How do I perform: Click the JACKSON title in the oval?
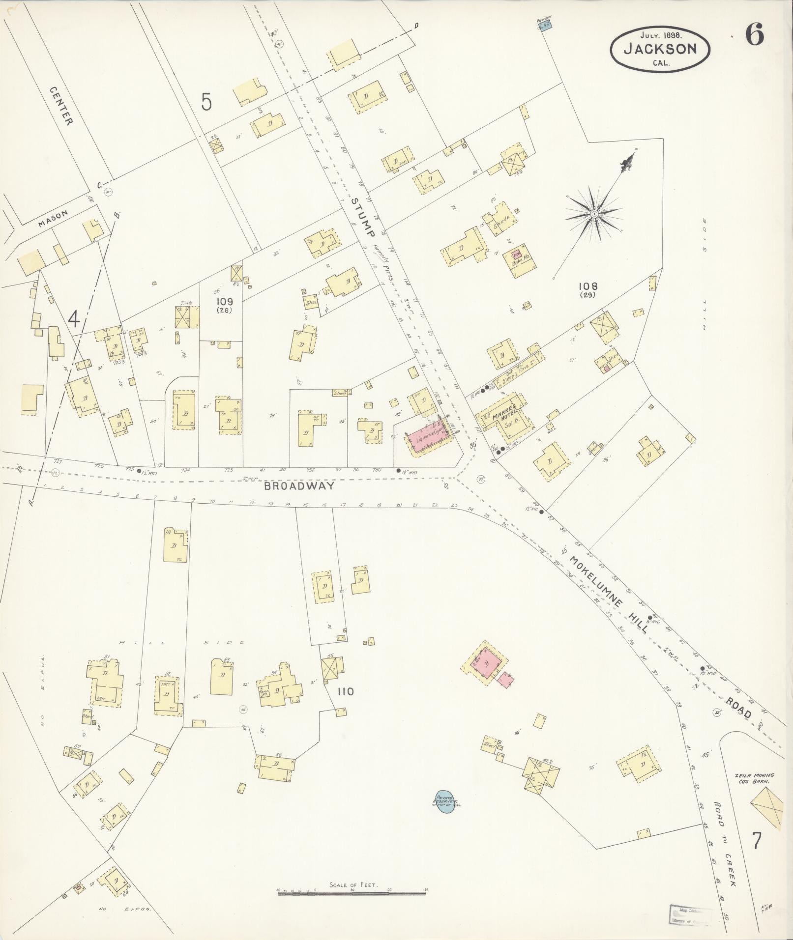tap(660, 49)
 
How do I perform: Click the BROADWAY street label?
tap(299, 486)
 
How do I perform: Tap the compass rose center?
tap(594, 214)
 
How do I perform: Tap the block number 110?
tap(346, 691)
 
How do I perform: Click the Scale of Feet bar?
tap(352, 892)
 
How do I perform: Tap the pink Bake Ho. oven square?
tap(516, 255)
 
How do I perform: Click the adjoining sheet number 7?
tap(757, 841)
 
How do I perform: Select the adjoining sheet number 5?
tap(206, 102)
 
